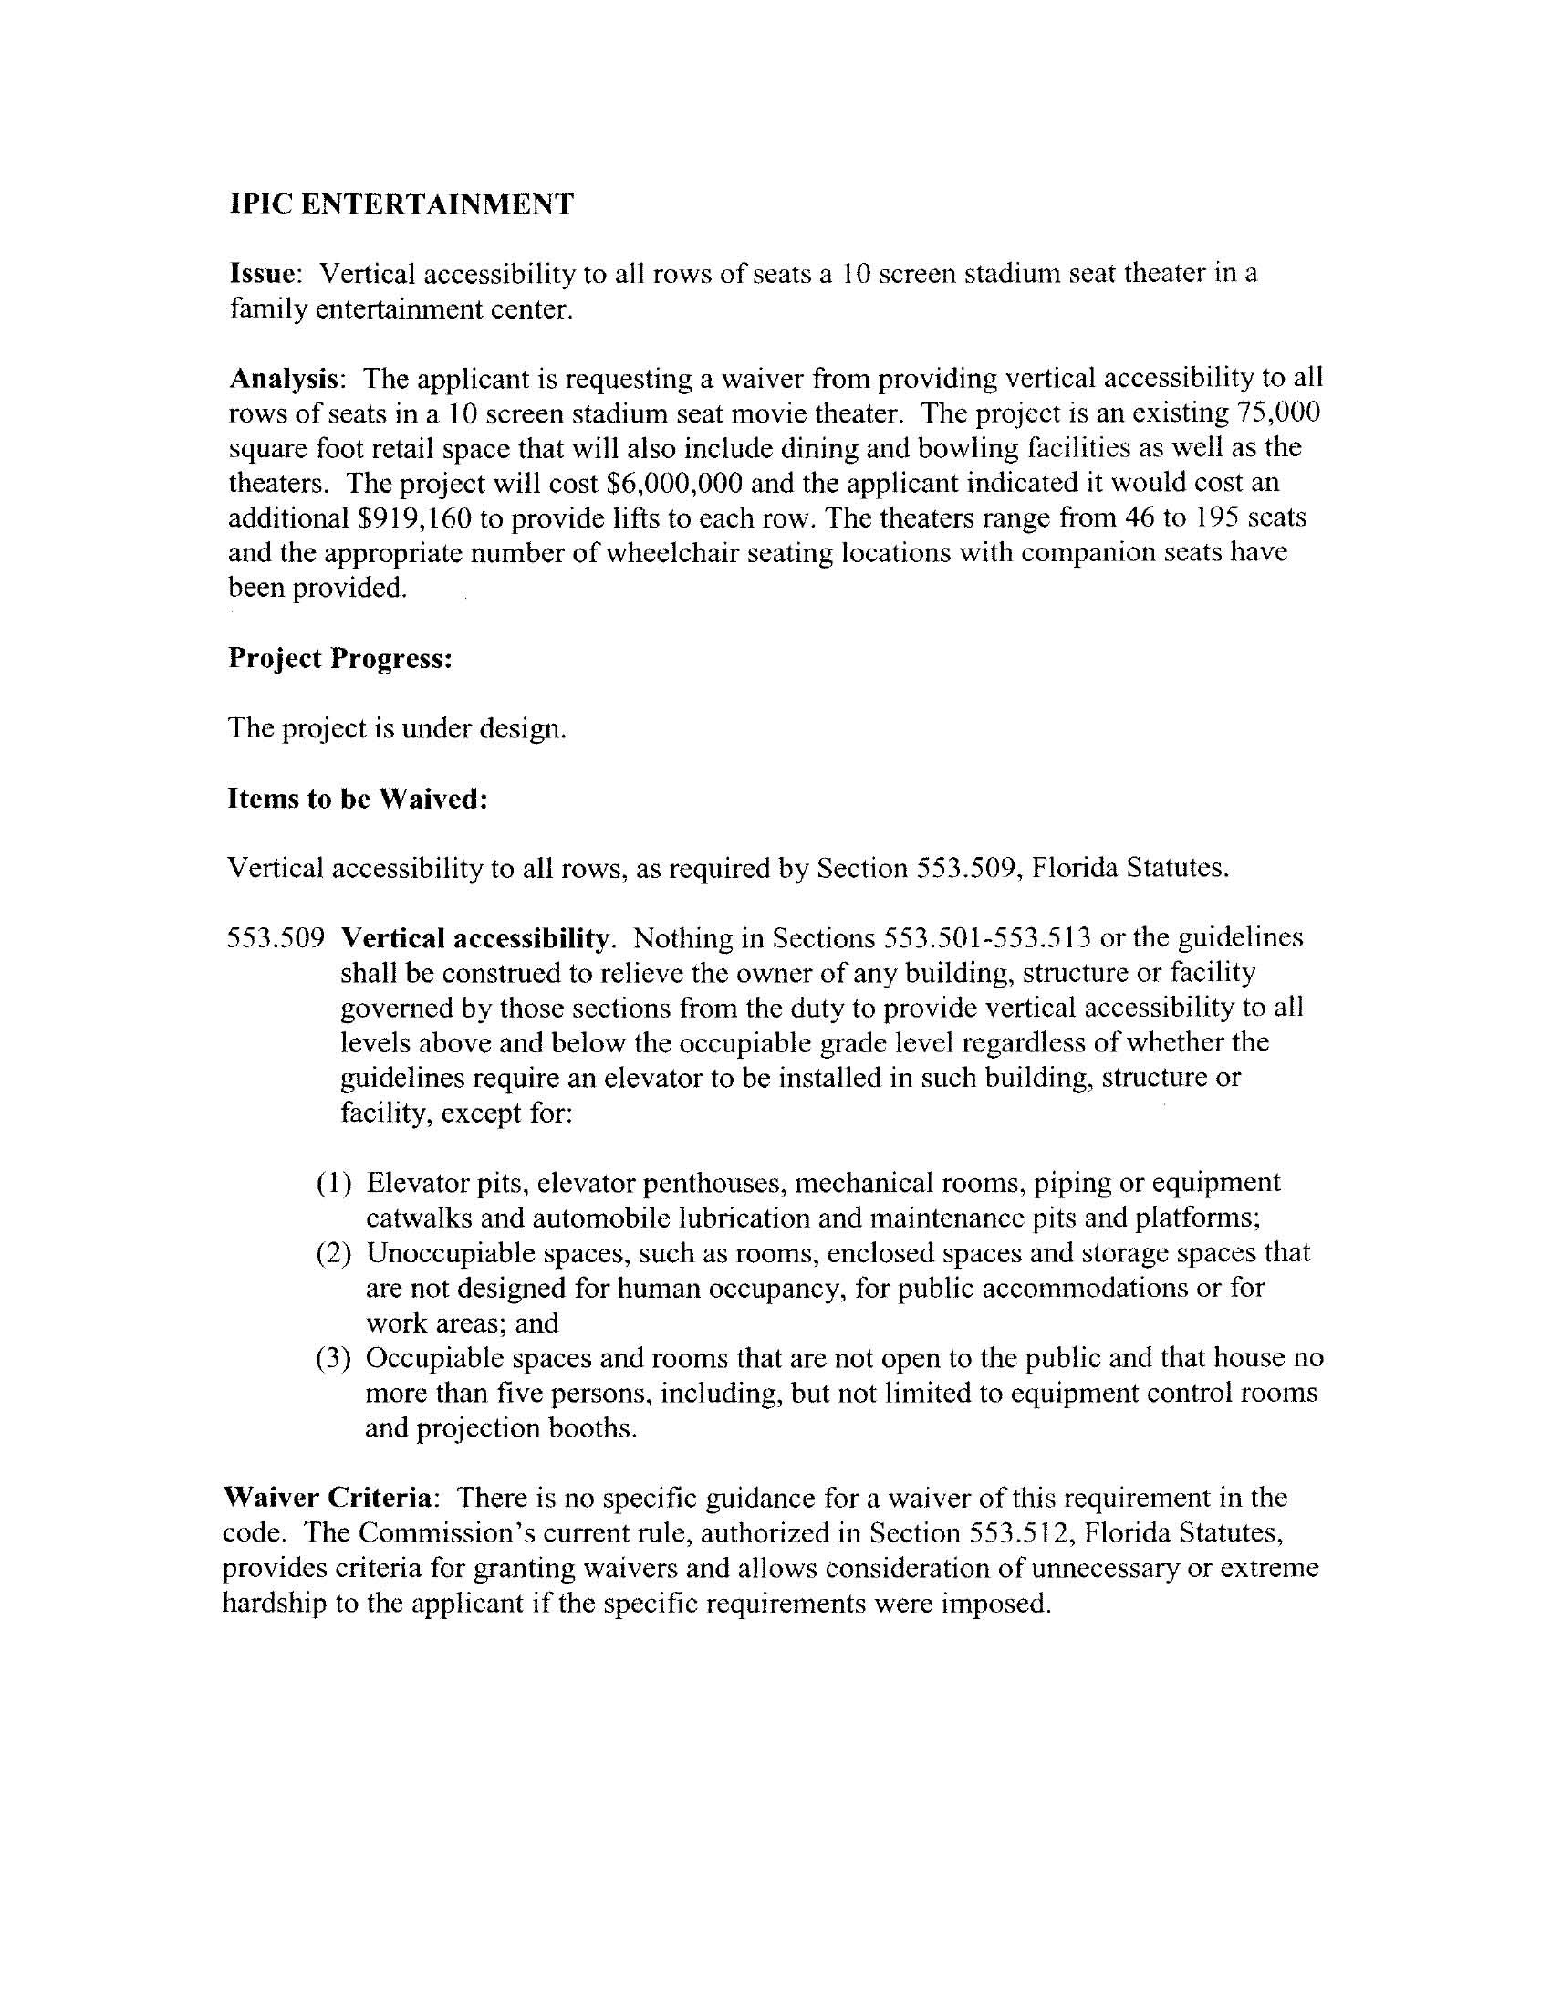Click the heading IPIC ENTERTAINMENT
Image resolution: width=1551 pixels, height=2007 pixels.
pos(401,204)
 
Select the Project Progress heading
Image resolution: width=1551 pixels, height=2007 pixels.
pos(340,659)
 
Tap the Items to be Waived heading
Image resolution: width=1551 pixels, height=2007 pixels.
pos(357,799)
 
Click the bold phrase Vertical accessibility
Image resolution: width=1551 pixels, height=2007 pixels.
pos(475,938)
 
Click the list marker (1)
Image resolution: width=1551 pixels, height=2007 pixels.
pos(335,1184)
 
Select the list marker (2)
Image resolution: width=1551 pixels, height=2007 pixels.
pos(335,1253)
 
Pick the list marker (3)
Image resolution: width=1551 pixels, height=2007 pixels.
pos(335,1358)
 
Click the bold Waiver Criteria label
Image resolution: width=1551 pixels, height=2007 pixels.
pos(328,1499)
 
